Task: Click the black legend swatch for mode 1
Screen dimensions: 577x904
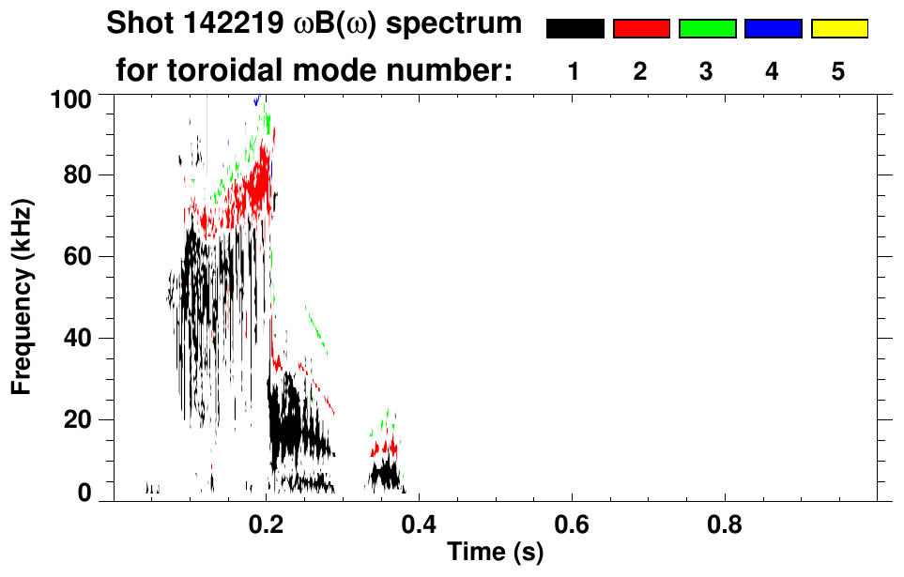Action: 575,29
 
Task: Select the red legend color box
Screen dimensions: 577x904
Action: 641,29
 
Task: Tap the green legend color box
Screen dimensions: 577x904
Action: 707,29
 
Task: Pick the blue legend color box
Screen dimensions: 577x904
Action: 773,29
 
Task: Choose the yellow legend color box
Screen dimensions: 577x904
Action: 838,29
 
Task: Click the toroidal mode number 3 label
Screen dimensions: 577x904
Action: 707,72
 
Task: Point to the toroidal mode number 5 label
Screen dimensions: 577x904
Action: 838,72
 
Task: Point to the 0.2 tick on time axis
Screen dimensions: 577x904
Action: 267,523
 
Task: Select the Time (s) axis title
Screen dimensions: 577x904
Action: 495,554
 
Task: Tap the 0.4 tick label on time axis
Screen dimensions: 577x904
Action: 419,523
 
